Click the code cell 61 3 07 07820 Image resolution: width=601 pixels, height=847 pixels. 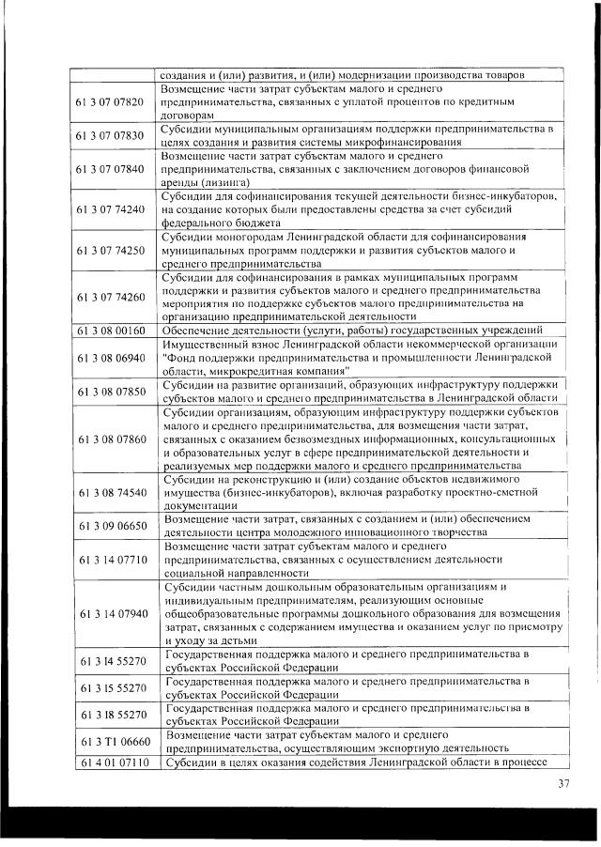110,101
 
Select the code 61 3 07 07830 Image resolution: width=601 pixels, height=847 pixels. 110,135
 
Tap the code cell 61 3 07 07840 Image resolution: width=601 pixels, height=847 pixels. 110,169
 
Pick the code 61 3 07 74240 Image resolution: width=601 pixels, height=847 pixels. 110,209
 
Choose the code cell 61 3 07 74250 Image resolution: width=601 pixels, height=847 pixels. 110,251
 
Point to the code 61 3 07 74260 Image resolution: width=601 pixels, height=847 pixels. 110,297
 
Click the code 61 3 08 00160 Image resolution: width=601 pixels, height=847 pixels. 110,331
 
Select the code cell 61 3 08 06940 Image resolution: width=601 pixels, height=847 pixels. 110,358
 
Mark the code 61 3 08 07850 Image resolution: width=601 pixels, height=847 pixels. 110,392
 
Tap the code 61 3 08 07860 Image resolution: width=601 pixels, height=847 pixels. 110,439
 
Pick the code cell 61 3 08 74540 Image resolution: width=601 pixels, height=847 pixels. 110,491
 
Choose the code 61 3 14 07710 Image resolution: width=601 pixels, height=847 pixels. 110,559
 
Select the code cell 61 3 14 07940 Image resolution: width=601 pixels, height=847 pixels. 110,613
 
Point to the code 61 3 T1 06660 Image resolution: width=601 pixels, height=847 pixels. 110,741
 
